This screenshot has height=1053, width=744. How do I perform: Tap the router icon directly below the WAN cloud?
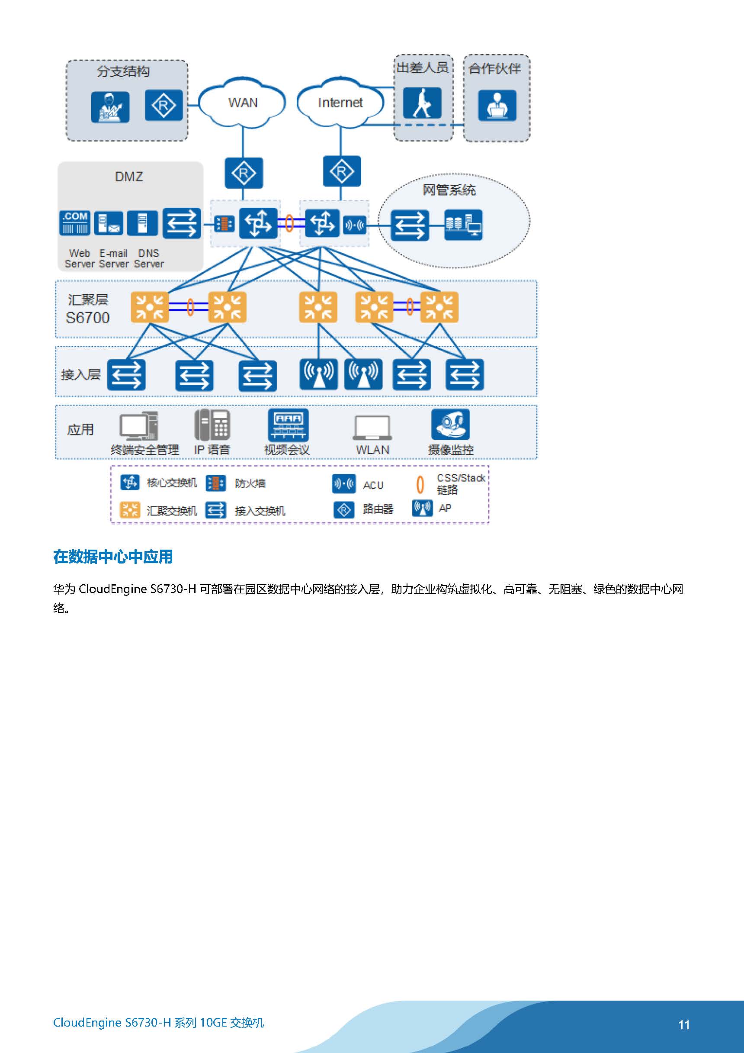pos(244,173)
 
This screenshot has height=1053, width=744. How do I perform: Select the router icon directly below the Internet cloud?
pos(342,171)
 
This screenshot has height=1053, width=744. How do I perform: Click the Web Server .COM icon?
pos(75,223)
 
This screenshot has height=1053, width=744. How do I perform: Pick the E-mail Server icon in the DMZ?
pos(109,223)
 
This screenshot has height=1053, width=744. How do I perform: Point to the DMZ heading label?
pos(129,177)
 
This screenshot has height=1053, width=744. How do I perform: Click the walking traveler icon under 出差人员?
pos(422,103)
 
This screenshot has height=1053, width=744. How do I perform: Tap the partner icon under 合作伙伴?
pos(497,106)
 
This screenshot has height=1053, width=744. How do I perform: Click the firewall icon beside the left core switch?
pos(224,224)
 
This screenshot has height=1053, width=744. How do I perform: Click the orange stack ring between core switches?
pos(289,223)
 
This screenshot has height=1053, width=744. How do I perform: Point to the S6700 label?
pos(87,318)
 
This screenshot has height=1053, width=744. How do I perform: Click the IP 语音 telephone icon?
pos(212,424)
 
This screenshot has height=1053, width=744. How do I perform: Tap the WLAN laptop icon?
pos(372,428)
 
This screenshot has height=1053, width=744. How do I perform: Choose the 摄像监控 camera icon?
pos(451,424)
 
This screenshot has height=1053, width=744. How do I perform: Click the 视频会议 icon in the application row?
pos(288,425)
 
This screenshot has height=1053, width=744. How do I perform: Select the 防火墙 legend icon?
pos(215,483)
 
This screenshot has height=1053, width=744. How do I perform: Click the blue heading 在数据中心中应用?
pos(113,557)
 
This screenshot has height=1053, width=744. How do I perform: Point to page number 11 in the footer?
pos(684,1025)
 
